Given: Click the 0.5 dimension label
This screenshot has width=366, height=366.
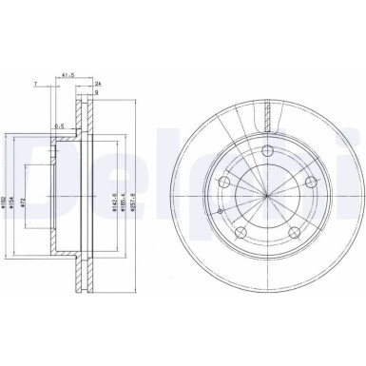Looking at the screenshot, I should pos(60,125).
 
